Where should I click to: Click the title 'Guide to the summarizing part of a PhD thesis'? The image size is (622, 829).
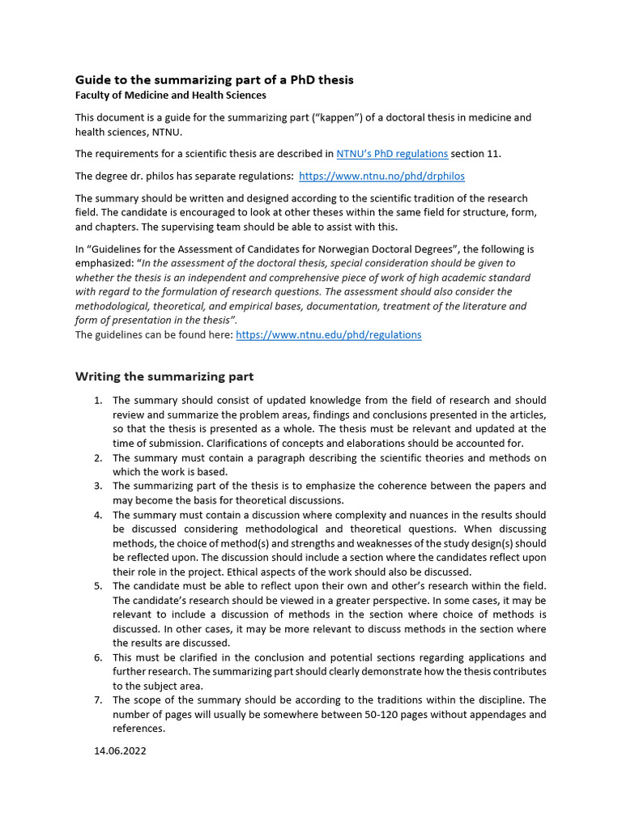(214, 79)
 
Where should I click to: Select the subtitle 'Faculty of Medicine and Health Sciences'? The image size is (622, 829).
(170, 95)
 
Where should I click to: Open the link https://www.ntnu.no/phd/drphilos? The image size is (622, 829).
(381, 176)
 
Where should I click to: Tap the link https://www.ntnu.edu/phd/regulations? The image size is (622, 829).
(328, 334)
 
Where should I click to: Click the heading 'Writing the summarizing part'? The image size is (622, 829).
(164, 376)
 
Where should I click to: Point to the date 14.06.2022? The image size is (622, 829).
(120, 750)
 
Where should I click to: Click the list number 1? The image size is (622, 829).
(97, 401)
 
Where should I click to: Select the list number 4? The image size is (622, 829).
(97, 515)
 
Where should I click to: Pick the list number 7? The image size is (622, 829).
(97, 699)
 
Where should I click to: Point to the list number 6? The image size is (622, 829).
(97, 657)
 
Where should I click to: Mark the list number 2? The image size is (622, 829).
(97, 458)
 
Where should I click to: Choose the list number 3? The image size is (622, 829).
(97, 487)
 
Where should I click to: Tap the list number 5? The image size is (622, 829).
(97, 586)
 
